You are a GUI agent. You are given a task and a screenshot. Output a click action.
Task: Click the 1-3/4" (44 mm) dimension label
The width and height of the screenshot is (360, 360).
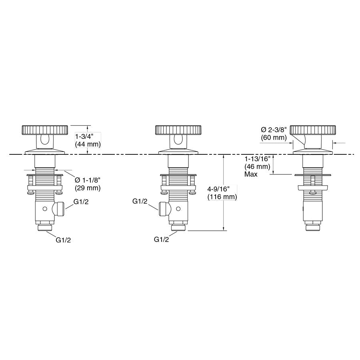click(88, 140)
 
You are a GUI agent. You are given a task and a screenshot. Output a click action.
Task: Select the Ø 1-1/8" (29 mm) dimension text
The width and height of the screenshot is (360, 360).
click(88, 184)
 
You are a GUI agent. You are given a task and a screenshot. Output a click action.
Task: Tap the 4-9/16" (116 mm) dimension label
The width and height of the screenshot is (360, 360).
click(222, 193)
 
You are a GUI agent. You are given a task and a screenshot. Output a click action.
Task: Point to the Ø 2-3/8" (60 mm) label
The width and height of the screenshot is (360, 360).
click(274, 134)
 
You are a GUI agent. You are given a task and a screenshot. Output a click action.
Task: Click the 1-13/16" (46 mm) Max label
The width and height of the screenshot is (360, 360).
click(257, 166)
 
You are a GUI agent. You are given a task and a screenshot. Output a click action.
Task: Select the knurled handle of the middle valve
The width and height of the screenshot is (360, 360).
click(178, 130)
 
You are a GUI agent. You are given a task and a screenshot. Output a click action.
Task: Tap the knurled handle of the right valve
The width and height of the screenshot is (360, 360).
click(313, 130)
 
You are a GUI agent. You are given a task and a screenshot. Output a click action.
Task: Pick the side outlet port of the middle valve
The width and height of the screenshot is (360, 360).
click(165, 209)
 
